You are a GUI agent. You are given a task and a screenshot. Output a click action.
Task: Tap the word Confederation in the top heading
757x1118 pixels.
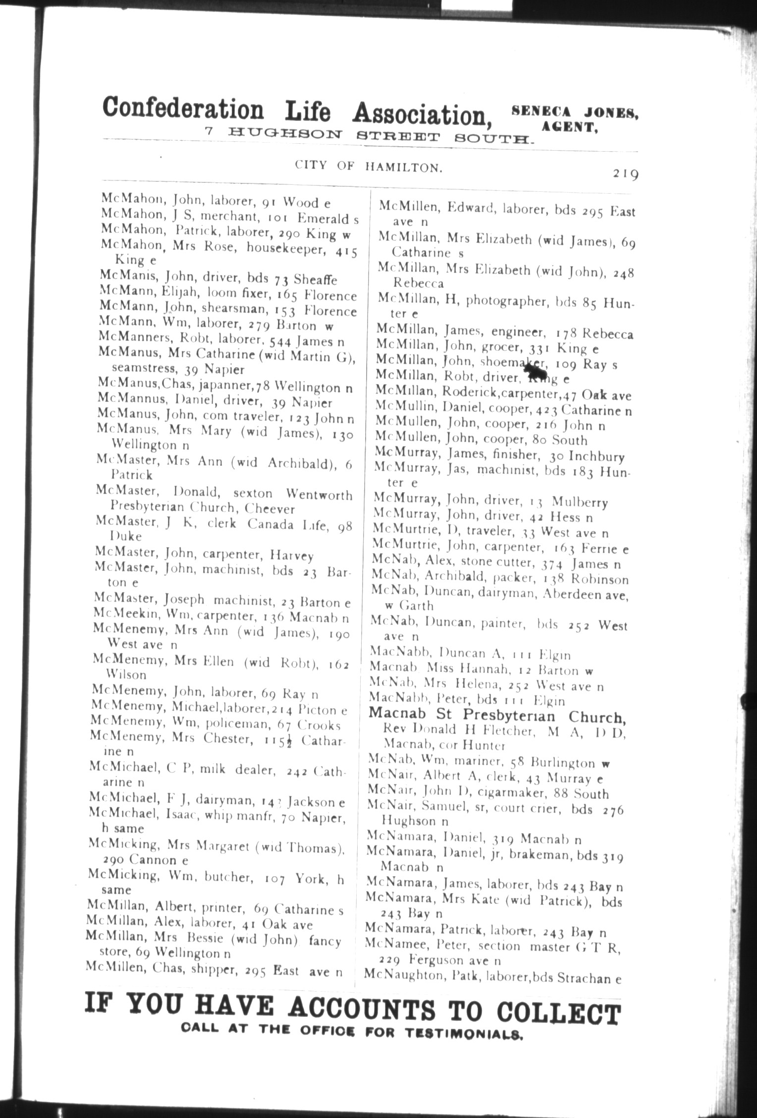tap(183, 109)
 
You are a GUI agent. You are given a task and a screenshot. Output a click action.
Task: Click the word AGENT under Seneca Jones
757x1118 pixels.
tap(569, 127)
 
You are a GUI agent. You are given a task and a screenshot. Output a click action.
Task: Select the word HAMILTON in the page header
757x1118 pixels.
tap(403, 168)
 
